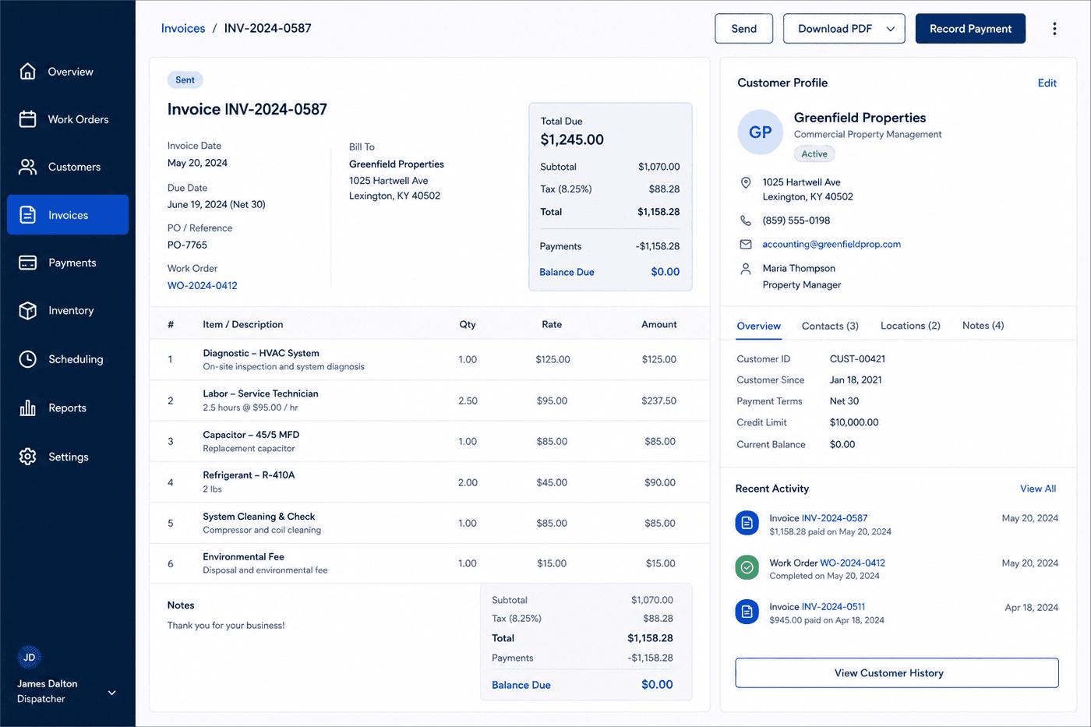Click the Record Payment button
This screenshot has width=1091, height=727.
coord(970,29)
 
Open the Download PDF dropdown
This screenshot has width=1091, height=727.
coord(844,29)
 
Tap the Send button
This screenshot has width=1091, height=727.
coord(743,29)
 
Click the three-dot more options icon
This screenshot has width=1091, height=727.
coord(1054,29)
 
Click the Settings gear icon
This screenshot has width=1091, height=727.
coord(28,457)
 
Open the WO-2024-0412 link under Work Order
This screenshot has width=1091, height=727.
coord(202,285)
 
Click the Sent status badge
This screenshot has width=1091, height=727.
coord(185,79)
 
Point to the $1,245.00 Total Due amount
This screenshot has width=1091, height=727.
coord(572,139)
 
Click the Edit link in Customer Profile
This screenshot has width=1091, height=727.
coord(1047,83)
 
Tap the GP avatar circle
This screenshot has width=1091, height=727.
coord(760,132)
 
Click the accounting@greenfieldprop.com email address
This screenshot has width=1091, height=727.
coord(831,244)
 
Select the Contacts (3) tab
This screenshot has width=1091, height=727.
coord(830,326)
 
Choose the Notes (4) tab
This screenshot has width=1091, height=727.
coord(983,325)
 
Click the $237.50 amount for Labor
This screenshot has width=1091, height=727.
coord(658,401)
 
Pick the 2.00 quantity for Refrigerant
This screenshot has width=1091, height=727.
coord(468,482)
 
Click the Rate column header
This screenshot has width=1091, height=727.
coord(552,324)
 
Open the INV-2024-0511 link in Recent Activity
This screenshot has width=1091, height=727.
coord(833,607)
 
